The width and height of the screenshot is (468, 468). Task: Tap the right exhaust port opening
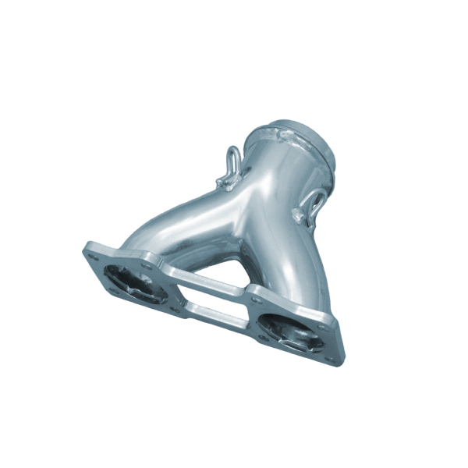tap(290, 328)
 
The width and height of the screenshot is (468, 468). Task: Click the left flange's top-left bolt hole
tap(93, 250)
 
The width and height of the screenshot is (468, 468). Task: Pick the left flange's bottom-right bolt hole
tap(174, 310)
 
